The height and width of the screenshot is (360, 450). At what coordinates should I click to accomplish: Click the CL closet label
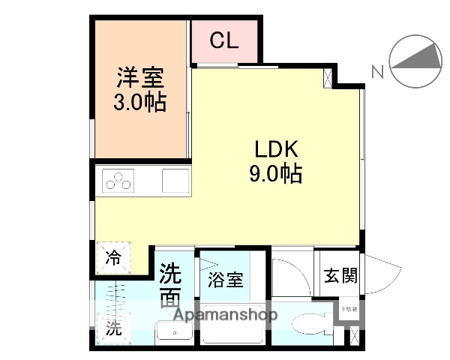224,41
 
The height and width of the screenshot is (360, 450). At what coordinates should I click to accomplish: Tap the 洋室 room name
139,78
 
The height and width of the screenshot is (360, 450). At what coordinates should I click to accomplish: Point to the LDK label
274,149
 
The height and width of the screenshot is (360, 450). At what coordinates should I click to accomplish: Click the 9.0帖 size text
275,174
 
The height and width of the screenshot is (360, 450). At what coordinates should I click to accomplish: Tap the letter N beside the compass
378,72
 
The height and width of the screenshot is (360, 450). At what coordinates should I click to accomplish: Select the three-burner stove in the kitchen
119,181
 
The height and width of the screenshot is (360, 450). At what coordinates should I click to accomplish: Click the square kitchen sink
176,181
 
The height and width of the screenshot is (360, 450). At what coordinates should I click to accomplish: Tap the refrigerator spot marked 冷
113,259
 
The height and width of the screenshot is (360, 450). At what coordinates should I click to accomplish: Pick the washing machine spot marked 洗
112,328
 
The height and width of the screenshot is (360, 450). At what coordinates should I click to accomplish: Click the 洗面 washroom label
171,283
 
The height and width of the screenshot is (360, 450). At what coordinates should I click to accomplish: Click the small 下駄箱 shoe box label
349,308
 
